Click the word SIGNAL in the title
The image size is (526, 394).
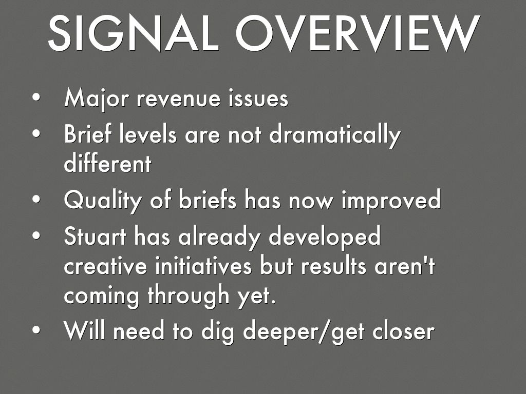(x=134, y=33)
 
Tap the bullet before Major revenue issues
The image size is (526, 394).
(x=36, y=97)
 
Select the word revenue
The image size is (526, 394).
(x=178, y=99)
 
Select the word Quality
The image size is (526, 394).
(x=103, y=201)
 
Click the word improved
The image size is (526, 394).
(x=391, y=201)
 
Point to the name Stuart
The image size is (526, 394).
(x=95, y=236)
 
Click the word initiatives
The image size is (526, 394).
(x=203, y=266)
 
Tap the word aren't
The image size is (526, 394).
(x=405, y=266)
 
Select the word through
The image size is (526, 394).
(x=189, y=295)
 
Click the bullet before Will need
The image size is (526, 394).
(x=36, y=330)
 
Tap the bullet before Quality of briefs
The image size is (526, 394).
(x=36, y=199)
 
